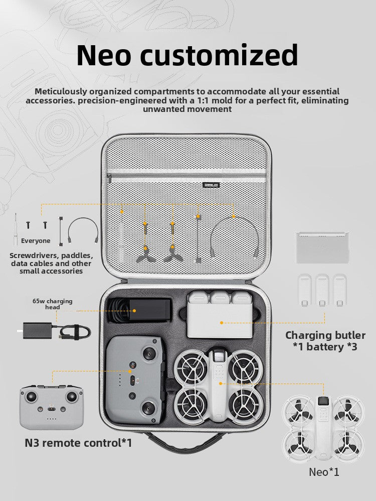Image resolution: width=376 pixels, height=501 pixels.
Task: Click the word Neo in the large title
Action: (x=104, y=55)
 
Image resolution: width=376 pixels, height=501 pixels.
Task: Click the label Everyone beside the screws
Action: (x=36, y=240)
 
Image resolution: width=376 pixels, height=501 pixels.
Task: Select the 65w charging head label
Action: (x=52, y=304)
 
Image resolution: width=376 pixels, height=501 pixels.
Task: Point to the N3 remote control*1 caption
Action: (x=78, y=443)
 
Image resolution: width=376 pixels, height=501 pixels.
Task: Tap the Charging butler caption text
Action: (x=325, y=335)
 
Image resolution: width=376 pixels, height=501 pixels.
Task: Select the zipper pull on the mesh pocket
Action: (x=109, y=177)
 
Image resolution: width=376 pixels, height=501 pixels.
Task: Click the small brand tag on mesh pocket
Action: (x=211, y=185)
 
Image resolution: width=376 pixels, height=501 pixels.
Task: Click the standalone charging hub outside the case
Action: (x=322, y=247)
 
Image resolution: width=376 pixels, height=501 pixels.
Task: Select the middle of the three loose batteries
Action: (x=322, y=291)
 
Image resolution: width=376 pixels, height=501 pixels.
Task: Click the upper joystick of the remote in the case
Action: (x=149, y=353)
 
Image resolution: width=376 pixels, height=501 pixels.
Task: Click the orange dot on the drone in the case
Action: (x=220, y=383)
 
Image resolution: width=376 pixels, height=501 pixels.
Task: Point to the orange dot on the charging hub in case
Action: (x=222, y=323)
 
